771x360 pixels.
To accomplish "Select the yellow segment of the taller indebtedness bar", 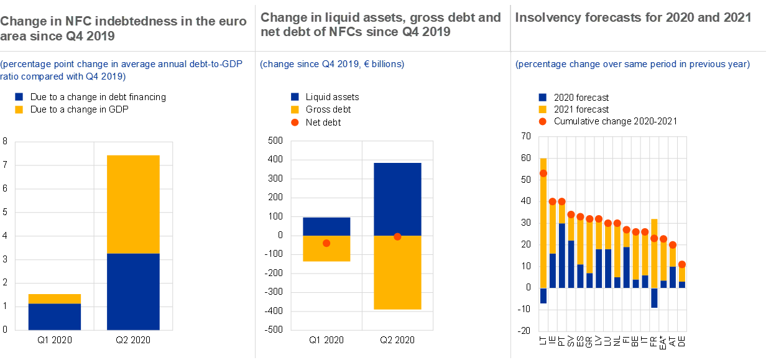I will point(133,204).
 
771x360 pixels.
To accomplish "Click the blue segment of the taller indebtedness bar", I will point(133,291).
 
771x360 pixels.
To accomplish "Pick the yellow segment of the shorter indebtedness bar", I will point(55,299).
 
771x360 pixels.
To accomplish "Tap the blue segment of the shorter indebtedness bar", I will point(55,316).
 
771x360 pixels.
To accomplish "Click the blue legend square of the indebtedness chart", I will point(19,97).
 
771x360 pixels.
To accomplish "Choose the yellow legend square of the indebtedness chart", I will point(19,109).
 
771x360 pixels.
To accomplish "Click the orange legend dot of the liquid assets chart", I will point(295,122).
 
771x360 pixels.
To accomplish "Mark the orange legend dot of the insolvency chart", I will point(543,121).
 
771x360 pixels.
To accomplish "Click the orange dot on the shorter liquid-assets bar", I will point(326,243).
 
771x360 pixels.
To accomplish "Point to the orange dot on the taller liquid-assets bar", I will point(397,236).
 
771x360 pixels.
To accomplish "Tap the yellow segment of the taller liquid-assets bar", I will point(397,274).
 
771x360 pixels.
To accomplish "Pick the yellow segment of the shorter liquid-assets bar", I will point(326,252).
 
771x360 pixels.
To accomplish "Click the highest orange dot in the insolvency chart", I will point(543,173).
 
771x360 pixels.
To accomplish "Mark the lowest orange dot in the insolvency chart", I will point(682,264).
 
